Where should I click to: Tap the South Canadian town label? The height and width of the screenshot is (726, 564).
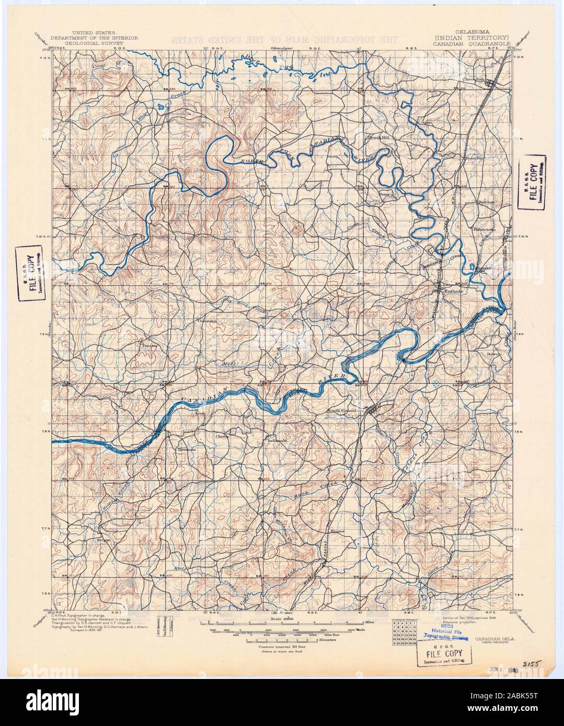point(343,411)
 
